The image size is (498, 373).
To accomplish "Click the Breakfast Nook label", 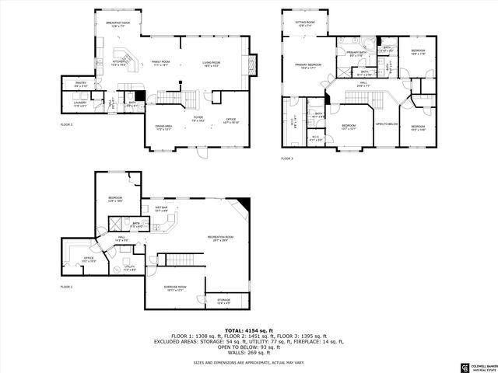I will pyautogui.click(x=118, y=24).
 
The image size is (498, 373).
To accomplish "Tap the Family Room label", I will pyautogui.click(x=161, y=62).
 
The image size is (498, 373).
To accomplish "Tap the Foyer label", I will pyautogui.click(x=198, y=119).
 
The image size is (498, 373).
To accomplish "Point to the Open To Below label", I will pyautogui.click(x=387, y=124).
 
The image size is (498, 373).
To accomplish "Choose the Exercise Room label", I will pyautogui.click(x=174, y=288).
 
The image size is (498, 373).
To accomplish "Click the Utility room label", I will pyautogui.click(x=130, y=268).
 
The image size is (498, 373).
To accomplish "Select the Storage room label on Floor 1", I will pyautogui.click(x=223, y=299).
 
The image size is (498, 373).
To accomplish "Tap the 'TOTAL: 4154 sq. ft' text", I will pyautogui.click(x=248, y=331).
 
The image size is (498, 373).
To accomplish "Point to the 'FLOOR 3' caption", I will pyautogui.click(x=286, y=159).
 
